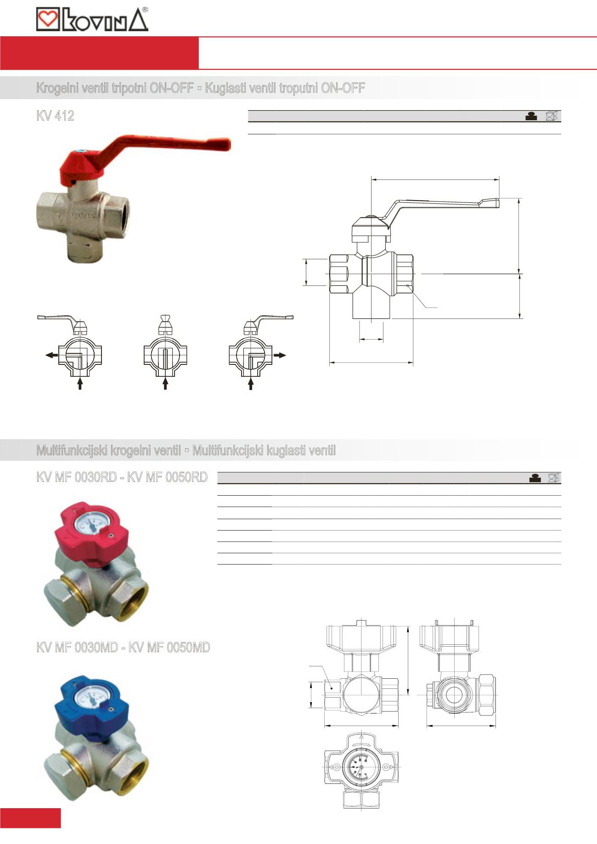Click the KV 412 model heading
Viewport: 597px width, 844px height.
pyautogui.click(x=55, y=116)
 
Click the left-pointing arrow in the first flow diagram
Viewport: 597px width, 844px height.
pyautogui.click(x=51, y=355)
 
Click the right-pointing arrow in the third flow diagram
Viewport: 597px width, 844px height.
pyautogui.click(x=280, y=355)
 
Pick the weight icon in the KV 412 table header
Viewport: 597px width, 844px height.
pyautogui.click(x=531, y=116)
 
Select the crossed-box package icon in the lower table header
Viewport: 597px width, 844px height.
pyautogui.click(x=554, y=478)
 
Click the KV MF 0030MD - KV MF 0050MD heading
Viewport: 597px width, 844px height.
pyautogui.click(x=123, y=648)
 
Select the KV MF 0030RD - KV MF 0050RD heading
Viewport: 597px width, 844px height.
pyautogui.click(x=122, y=477)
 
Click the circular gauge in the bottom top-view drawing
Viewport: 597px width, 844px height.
pyautogui.click(x=361, y=767)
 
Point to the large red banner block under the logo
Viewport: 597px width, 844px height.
pyautogui.click(x=99, y=53)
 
